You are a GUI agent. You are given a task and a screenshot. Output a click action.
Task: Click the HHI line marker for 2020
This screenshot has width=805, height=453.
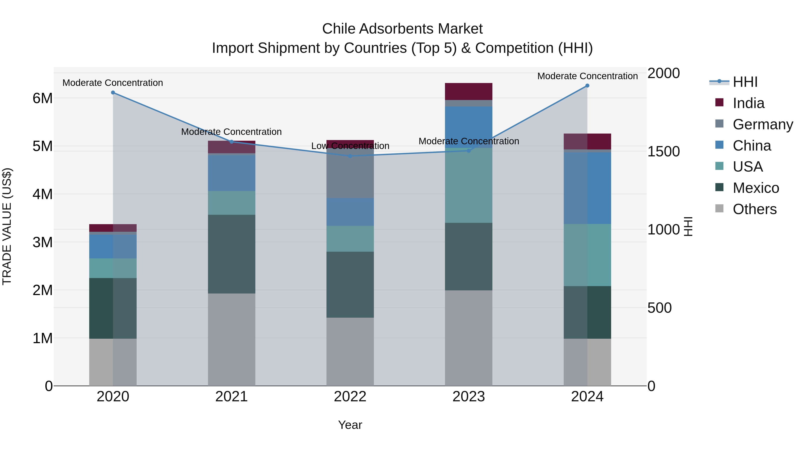[x=113, y=93]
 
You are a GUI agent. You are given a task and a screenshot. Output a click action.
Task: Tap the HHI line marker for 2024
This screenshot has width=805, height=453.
[x=587, y=86]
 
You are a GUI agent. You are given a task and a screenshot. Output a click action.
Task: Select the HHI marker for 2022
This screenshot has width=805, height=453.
[x=350, y=156]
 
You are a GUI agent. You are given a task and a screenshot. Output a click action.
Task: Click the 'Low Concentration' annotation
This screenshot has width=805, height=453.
[x=350, y=146]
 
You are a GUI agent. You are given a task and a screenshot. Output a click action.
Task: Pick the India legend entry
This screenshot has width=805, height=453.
[x=748, y=103]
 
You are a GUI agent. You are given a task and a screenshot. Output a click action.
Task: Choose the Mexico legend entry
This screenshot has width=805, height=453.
[x=756, y=188]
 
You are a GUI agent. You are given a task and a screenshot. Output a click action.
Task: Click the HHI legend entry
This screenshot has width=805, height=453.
[x=745, y=82]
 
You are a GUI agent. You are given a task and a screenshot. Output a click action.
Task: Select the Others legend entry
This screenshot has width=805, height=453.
[x=754, y=209]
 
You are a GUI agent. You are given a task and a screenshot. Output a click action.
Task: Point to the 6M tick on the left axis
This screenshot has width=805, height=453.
[x=42, y=98]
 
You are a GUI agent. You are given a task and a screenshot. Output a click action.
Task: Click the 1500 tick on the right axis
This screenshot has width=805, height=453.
[x=663, y=152]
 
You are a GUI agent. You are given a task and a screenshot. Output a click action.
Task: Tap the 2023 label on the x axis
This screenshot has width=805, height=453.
[x=468, y=397]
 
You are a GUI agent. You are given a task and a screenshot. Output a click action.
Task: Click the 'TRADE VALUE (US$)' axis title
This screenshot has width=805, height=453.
[x=7, y=226]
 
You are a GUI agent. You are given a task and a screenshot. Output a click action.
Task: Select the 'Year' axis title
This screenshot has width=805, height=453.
[x=350, y=425]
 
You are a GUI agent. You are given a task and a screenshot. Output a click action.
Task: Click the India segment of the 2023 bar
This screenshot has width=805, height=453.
[x=468, y=91]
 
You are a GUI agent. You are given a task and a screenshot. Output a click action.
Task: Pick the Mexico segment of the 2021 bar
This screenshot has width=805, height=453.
[x=232, y=254]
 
